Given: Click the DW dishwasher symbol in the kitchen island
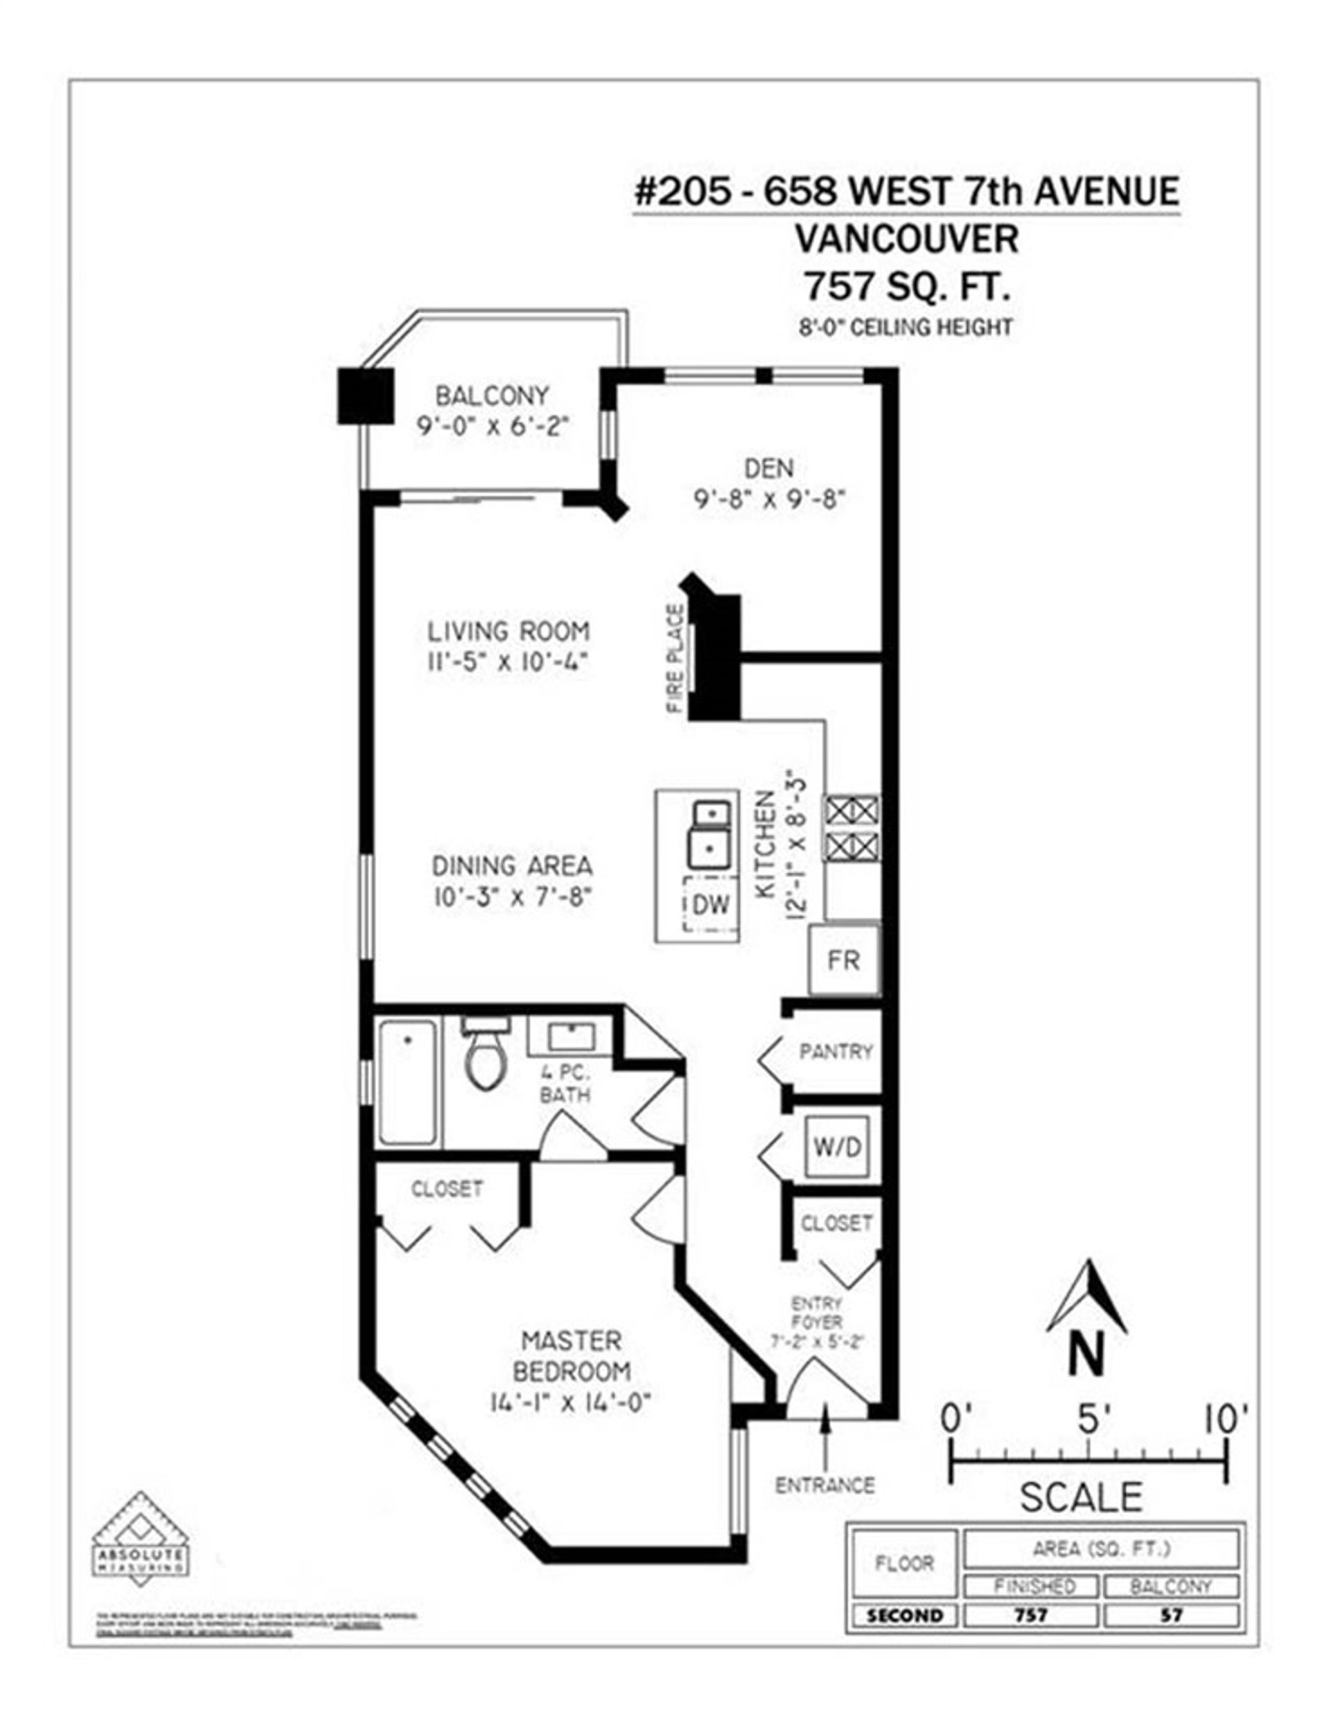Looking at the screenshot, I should pos(710,904).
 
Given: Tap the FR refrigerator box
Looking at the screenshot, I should pos(843,960).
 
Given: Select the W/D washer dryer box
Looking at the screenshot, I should pos(838,1146).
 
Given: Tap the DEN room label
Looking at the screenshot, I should pos(769,468).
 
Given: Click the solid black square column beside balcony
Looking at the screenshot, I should pos(366,395).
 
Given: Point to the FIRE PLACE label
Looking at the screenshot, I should pos(675,658).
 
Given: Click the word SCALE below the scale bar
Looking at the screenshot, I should pos(1081,1497).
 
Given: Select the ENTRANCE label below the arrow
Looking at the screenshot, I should pos(825,1486).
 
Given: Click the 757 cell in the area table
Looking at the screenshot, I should pos(1031,1615).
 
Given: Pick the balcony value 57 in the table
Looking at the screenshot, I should pos(1170,1615).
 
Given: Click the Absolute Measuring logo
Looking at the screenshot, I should pos(140,1538).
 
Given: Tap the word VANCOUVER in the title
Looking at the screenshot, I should pos(906,239).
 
